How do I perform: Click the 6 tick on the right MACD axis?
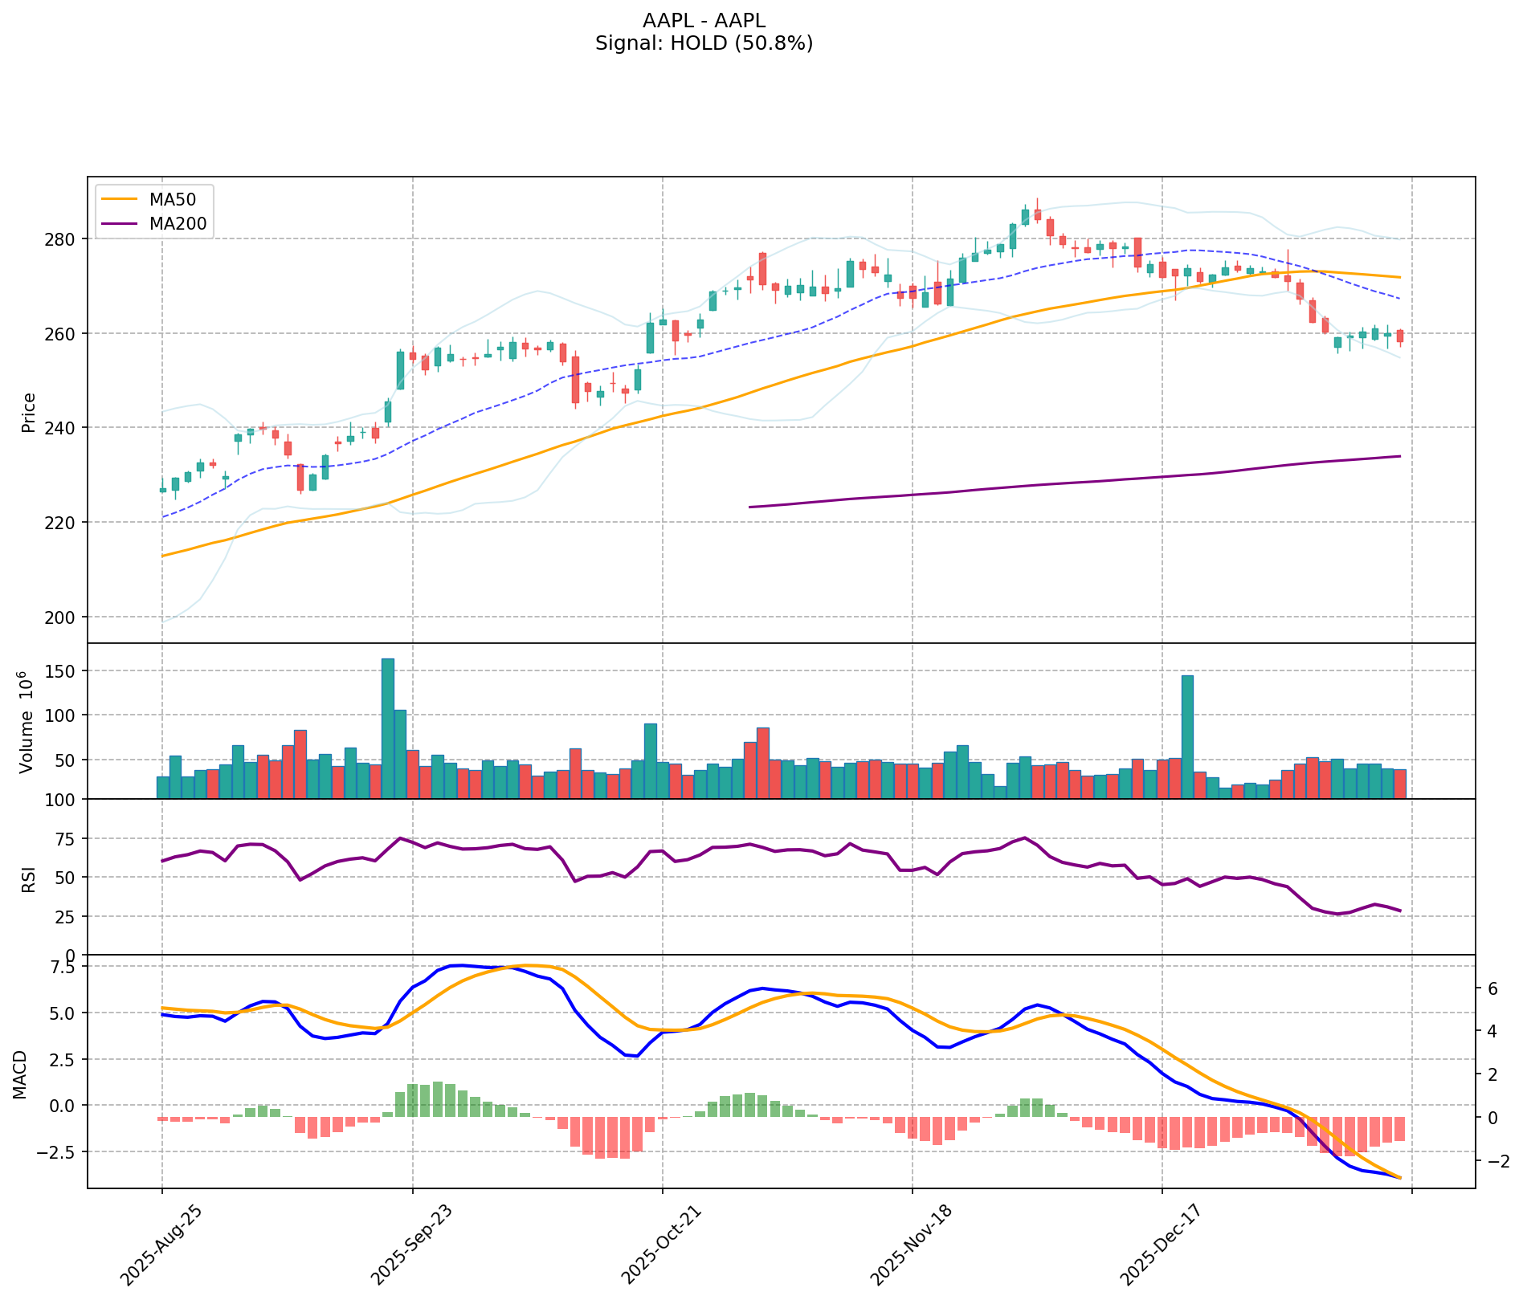tap(1492, 988)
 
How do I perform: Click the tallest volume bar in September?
tap(388, 727)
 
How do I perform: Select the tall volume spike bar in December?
tap(1187, 736)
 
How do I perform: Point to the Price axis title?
tap(29, 412)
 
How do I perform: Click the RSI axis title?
tap(29, 877)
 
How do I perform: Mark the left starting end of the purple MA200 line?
tap(749, 507)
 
